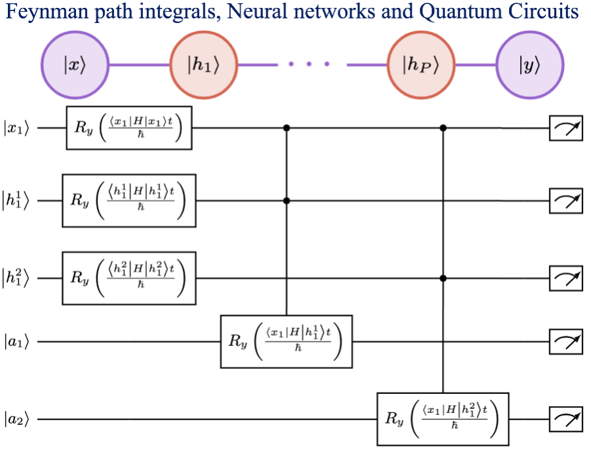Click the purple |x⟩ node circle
point(74,65)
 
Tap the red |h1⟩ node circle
point(203,65)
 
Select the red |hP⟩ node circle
point(420,65)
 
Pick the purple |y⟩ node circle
point(529,65)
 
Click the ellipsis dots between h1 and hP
point(307,65)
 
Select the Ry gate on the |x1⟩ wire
point(129,128)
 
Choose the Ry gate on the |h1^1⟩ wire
point(129,200)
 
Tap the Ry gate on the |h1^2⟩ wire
point(129,278)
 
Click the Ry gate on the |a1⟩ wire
point(286,341)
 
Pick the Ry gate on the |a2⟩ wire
point(443,418)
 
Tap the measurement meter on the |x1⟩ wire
point(565,129)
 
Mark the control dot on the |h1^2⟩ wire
point(443,278)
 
